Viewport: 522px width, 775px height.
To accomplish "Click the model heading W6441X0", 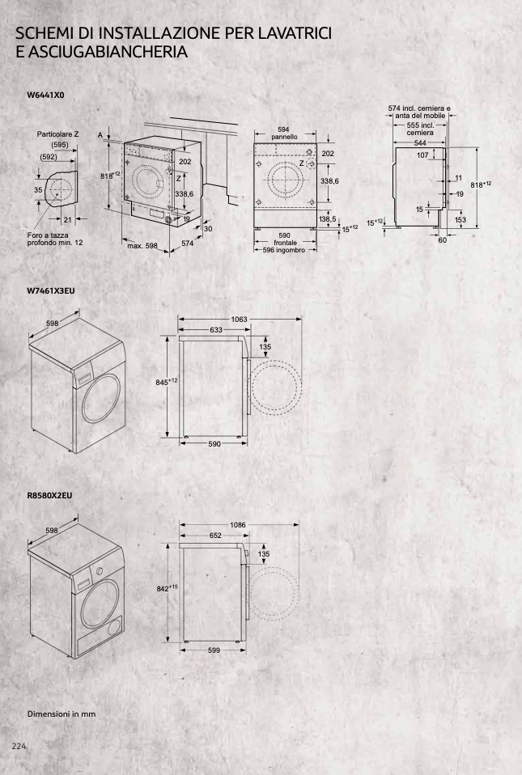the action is (x=45, y=95).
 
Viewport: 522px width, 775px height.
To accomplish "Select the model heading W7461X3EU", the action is (x=51, y=290).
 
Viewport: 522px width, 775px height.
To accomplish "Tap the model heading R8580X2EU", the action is (x=49, y=495).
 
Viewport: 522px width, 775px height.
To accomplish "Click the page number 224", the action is (x=19, y=746).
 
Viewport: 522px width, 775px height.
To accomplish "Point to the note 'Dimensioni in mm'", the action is (x=62, y=714).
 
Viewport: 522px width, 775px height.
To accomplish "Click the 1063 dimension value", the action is (x=240, y=320).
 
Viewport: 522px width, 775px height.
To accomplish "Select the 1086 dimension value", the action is (x=238, y=525).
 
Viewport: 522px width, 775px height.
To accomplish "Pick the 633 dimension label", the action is (x=216, y=330).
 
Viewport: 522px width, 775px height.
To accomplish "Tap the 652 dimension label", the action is (x=215, y=536).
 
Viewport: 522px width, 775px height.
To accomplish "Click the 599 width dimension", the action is (x=214, y=650).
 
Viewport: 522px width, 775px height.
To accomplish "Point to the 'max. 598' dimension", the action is (x=142, y=246).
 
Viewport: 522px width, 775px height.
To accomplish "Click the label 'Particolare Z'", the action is (x=57, y=134).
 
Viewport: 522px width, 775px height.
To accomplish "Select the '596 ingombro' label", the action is (x=284, y=250).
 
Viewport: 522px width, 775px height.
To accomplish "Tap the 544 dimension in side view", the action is (x=420, y=143).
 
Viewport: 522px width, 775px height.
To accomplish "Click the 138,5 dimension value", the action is (x=327, y=219).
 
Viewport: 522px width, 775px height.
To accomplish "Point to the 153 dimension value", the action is (x=460, y=220).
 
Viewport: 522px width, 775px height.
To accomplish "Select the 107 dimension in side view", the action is (x=422, y=155).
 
